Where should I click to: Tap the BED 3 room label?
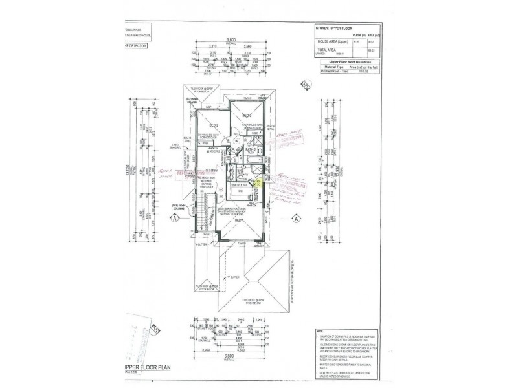(246, 116)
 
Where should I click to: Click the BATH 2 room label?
(253, 149)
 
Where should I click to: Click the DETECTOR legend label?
(131, 47)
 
